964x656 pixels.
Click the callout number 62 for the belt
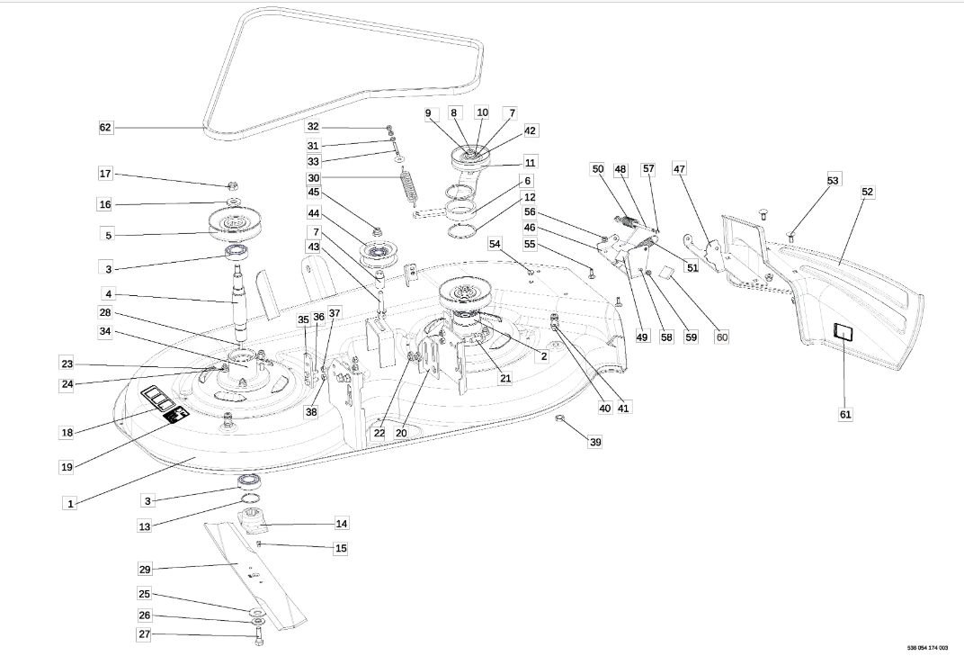tap(106, 128)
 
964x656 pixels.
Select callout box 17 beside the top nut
tap(106, 174)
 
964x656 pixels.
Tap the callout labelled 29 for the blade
tap(145, 570)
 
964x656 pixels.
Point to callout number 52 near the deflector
tap(867, 192)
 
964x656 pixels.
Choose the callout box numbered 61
tap(845, 414)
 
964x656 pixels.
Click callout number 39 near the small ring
tap(594, 442)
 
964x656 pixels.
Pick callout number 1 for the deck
tap(71, 503)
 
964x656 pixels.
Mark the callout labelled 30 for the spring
tap(314, 178)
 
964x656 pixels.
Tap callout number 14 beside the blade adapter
tap(342, 523)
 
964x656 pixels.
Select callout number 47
tap(679, 168)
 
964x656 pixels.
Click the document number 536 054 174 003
tap(927, 647)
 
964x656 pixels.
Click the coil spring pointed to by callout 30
tap(409, 184)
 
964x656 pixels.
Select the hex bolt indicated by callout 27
tap(257, 638)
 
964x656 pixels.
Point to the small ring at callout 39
tap(561, 419)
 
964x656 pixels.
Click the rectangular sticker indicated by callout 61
tap(843, 332)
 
